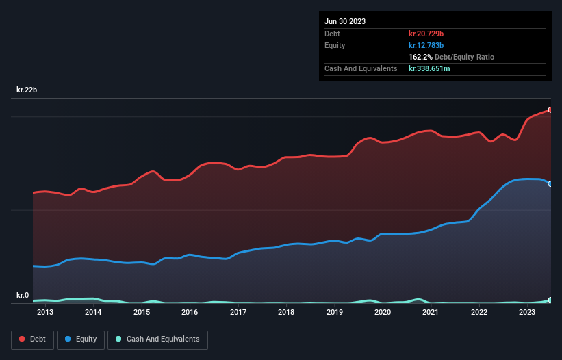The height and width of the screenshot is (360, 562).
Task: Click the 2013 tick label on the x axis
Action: pyautogui.click(x=45, y=313)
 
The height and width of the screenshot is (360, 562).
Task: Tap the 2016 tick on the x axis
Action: pyautogui.click(x=190, y=313)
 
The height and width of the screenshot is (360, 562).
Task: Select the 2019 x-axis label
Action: pyautogui.click(x=335, y=313)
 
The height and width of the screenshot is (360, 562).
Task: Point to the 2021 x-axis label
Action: pyautogui.click(x=431, y=313)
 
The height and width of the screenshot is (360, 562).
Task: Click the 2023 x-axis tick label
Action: pyautogui.click(x=527, y=313)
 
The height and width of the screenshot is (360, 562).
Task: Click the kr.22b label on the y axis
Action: pyautogui.click(x=28, y=90)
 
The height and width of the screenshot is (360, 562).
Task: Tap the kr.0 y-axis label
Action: pyautogui.click(x=23, y=296)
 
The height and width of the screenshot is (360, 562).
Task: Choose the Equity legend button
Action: pyautogui.click(x=81, y=339)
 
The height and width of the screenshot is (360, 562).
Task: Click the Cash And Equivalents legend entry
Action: pyautogui.click(x=157, y=339)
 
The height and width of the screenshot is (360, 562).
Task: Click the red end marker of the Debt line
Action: pyautogui.click(x=550, y=110)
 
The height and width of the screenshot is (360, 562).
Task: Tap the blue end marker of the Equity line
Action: pyautogui.click(x=550, y=183)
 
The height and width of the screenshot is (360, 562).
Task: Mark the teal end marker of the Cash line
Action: pyautogui.click(x=550, y=300)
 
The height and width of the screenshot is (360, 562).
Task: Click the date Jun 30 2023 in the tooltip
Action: pyautogui.click(x=345, y=21)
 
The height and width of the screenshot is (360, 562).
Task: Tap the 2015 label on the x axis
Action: pyautogui.click(x=142, y=313)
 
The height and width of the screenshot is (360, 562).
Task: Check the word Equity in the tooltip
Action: pyautogui.click(x=335, y=45)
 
